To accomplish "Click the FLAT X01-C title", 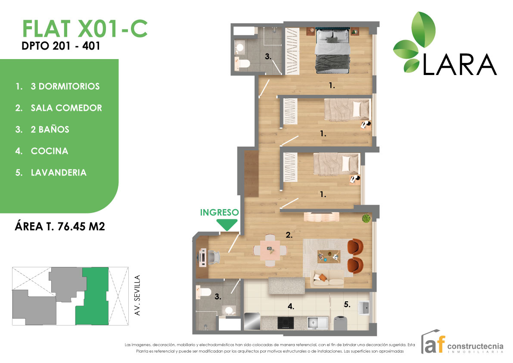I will coord(84,28).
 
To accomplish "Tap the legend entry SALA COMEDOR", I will coord(66,108).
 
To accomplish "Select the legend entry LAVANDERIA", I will coord(59,172).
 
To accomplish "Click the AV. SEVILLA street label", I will coord(138,296).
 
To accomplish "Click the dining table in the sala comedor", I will coord(270,250).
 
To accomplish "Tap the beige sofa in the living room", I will coord(327,279).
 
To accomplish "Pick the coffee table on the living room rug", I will coord(329,256).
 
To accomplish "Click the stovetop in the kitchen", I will coord(285,322).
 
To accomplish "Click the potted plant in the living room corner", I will coord(366,219).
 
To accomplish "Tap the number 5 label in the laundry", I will coord(347,304).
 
